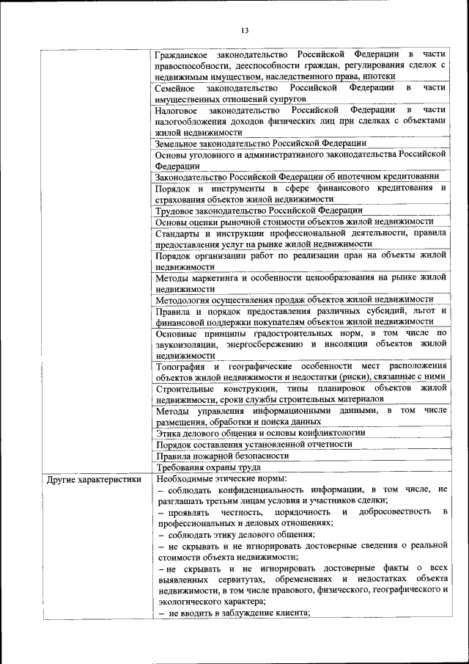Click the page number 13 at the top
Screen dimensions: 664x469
(x=245, y=29)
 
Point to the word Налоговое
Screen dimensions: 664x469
(x=177, y=110)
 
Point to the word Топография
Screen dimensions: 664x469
(x=180, y=366)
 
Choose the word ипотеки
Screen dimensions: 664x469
(x=379, y=76)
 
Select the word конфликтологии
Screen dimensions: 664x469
(x=317, y=433)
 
